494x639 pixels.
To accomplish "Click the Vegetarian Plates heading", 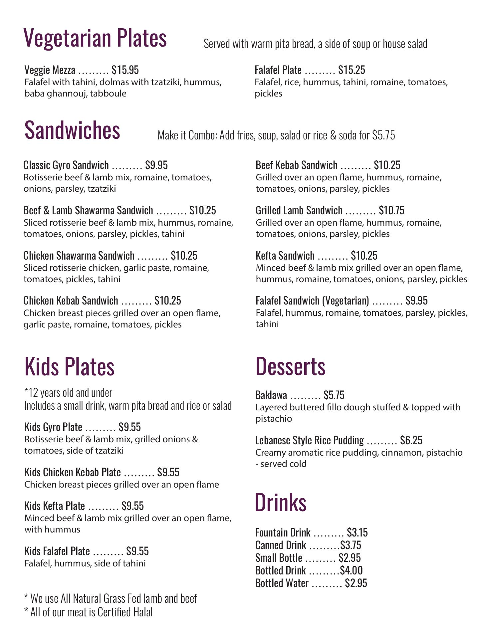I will [x=95, y=38].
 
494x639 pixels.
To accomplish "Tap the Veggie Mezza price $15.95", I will [x=125, y=70].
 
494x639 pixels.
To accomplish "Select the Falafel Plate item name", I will [x=278, y=70].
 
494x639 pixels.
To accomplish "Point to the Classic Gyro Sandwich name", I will [x=66, y=165].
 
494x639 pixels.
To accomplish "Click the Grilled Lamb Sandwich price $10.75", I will [x=391, y=210].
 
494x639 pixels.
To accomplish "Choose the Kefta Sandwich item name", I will [x=285, y=256].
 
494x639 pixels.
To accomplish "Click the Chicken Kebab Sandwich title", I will [x=71, y=301].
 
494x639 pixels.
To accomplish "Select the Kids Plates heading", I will [x=70, y=366].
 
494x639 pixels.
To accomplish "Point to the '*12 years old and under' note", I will [x=68, y=393].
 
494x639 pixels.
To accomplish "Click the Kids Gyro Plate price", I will [x=129, y=427].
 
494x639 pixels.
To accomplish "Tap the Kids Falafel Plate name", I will [x=57, y=551].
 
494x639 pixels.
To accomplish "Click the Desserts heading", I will [x=290, y=366].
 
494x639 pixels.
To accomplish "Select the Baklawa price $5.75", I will [x=334, y=395].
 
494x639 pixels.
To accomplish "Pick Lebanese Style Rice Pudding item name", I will [x=309, y=441].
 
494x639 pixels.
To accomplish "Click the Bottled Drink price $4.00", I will [x=351, y=571].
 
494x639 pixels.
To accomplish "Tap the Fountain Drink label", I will [x=283, y=533].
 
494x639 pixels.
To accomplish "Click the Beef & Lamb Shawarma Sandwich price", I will [x=202, y=210].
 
